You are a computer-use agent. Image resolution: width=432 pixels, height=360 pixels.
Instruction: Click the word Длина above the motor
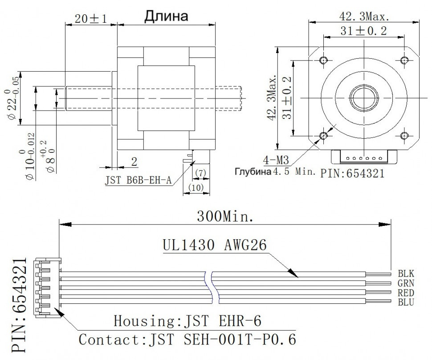click(166, 16)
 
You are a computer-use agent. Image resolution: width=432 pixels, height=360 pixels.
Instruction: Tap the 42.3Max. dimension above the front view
click(364, 16)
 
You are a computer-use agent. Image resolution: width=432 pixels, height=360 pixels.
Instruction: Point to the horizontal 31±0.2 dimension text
click(364, 31)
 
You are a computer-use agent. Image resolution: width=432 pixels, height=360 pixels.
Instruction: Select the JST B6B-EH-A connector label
click(138, 181)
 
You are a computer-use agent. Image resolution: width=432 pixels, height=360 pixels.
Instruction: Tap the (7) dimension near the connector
click(200, 172)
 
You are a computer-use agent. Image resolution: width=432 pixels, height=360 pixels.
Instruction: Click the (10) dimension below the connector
click(196, 188)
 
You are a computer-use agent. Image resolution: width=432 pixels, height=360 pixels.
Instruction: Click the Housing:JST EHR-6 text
click(187, 321)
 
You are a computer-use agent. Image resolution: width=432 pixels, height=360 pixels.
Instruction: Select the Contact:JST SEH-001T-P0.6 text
click(187, 339)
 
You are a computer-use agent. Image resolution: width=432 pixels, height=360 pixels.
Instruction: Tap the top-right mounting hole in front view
click(404, 60)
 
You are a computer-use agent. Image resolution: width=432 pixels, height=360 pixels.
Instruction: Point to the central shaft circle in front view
click(364, 97)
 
